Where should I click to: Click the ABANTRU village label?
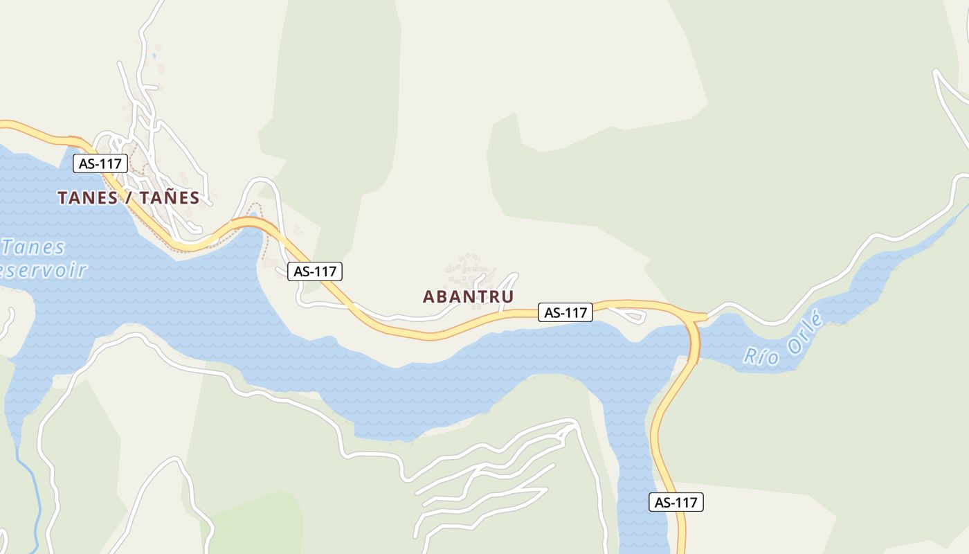(468, 296)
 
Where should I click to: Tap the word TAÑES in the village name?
(170, 197)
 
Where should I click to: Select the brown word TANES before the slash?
(87, 197)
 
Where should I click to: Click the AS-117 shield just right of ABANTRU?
(565, 312)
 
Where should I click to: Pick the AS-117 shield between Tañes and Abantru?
(315, 271)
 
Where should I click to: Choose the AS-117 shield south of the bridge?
(676, 502)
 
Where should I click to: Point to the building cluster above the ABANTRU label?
(471, 270)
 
